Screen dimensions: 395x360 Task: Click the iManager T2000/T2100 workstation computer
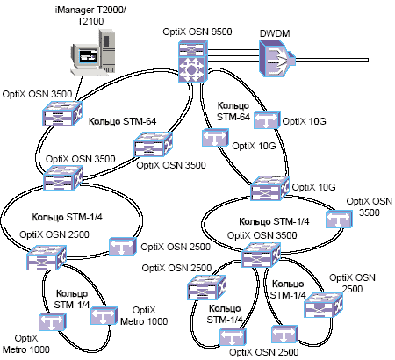click(x=93, y=52)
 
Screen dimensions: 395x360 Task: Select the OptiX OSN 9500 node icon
click(x=193, y=61)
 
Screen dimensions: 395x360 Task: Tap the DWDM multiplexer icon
click(x=276, y=58)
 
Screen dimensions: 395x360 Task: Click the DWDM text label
click(x=275, y=33)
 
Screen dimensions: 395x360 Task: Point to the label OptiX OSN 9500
click(x=197, y=32)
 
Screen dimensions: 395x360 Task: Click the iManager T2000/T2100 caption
click(x=90, y=16)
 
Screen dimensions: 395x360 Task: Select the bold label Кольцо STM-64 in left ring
click(x=122, y=121)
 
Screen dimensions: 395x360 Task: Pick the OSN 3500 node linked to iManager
click(x=62, y=113)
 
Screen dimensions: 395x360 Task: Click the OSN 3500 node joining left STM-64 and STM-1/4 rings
click(x=63, y=177)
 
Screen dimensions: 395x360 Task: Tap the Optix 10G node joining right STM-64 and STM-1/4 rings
click(x=269, y=188)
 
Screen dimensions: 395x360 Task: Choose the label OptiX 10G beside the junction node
click(x=313, y=187)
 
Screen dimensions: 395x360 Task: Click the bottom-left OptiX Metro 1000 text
click(x=26, y=344)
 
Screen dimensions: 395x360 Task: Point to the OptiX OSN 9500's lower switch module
click(x=193, y=69)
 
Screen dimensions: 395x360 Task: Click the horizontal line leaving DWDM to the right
click(x=332, y=61)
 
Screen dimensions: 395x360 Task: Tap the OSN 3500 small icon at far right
click(x=339, y=219)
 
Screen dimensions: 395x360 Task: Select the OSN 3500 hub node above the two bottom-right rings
click(x=261, y=256)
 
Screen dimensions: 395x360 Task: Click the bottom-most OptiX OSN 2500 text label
click(x=264, y=352)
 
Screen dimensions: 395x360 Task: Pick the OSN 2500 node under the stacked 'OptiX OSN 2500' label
click(x=323, y=306)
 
